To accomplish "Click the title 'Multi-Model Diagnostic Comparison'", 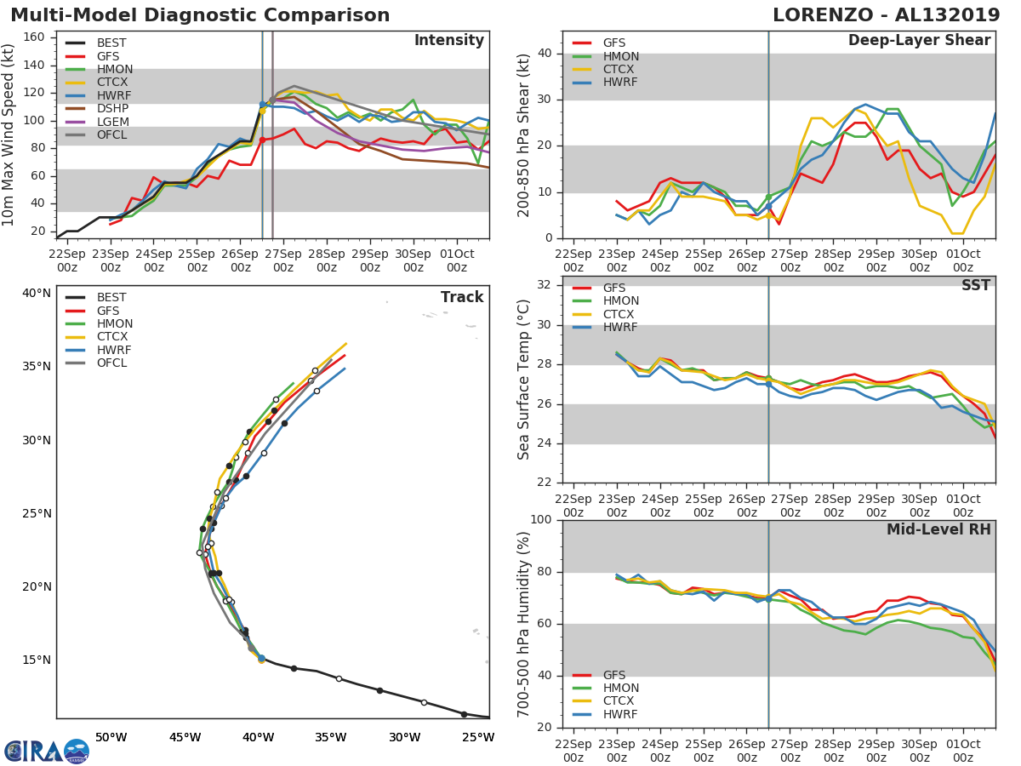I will [x=200, y=15].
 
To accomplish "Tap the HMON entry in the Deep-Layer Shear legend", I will [x=620, y=56].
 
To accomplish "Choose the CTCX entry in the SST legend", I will [x=620, y=314].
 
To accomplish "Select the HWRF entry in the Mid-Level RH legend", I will [x=620, y=714].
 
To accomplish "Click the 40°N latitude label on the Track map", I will [x=36, y=294].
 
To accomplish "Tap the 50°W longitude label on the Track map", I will [x=111, y=737].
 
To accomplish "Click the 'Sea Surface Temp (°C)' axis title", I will [x=524, y=379].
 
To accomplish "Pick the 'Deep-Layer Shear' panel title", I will [x=919, y=41].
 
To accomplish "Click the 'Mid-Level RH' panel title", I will [x=938, y=529].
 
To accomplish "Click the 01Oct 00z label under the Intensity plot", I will [x=457, y=260].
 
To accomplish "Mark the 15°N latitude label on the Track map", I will [x=36, y=660].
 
